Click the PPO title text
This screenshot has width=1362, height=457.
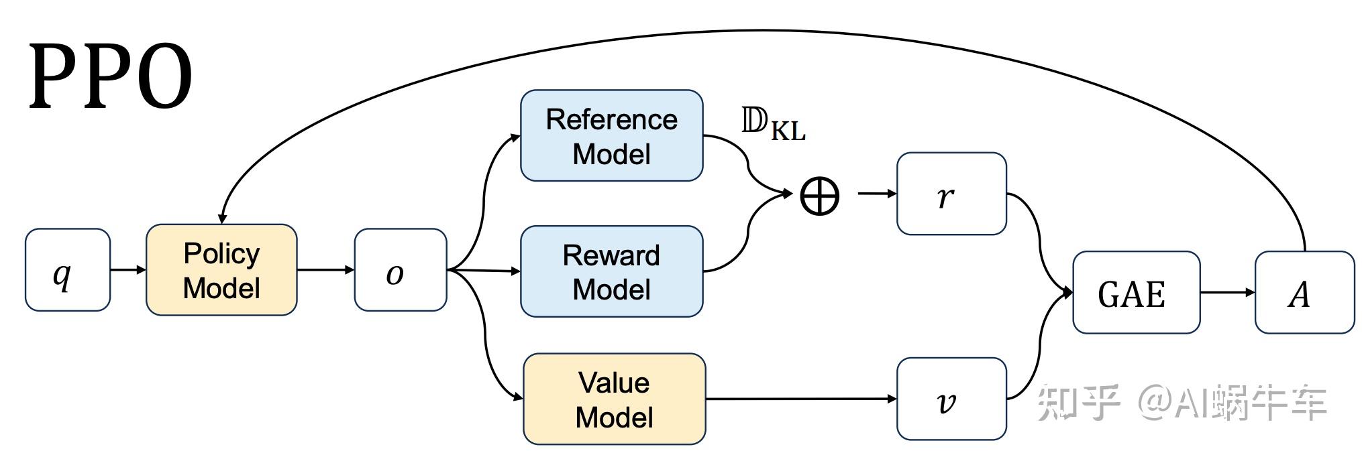(x=111, y=77)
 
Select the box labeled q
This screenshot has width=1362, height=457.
(x=67, y=270)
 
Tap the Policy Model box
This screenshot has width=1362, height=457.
(x=221, y=270)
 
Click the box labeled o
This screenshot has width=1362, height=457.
(x=401, y=270)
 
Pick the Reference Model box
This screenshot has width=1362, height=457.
(x=611, y=136)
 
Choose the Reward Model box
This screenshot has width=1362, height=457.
(x=611, y=271)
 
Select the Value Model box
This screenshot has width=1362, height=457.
(x=614, y=399)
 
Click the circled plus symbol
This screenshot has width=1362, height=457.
(x=819, y=196)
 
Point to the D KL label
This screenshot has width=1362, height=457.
(x=773, y=124)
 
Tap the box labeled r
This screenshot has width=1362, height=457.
(x=951, y=194)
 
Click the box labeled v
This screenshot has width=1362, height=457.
(x=951, y=399)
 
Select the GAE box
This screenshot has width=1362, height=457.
(x=1136, y=293)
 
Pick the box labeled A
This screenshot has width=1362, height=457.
(x=1304, y=293)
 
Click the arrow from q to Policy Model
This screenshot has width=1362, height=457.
(x=127, y=270)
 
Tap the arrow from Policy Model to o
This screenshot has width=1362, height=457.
(x=325, y=270)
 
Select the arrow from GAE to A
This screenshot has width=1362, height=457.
(x=1227, y=293)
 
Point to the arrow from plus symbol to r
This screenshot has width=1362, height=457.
(x=877, y=194)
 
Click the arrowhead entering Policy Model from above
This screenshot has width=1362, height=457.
(x=222, y=218)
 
